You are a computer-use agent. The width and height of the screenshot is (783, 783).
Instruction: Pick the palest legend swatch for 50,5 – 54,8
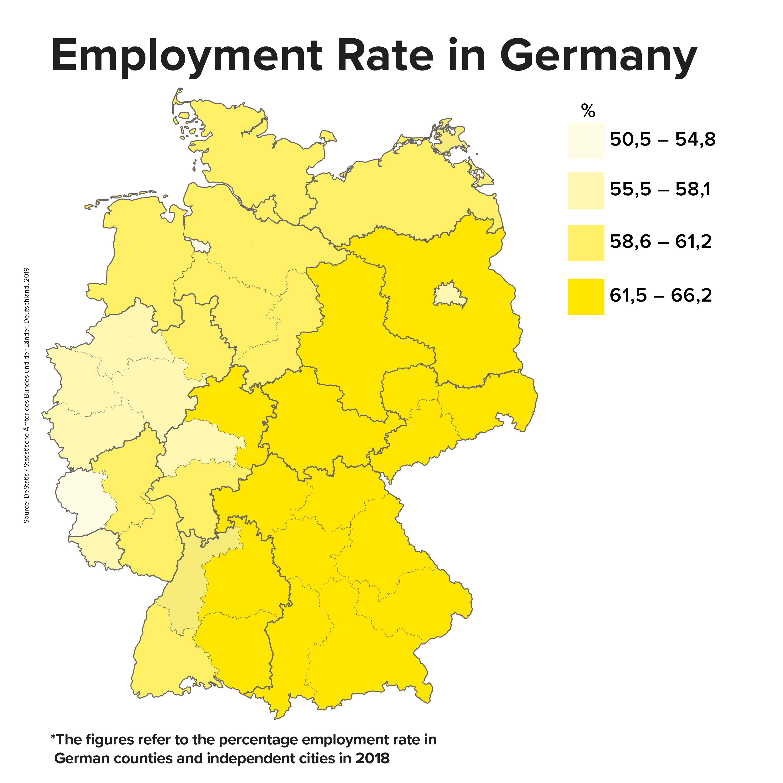[x=586, y=141]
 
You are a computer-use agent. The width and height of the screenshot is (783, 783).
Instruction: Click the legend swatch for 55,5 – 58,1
[x=586, y=191]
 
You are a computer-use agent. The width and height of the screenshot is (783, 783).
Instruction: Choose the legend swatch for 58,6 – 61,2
[x=586, y=243]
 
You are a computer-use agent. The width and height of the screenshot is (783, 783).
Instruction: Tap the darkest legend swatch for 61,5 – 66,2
[x=586, y=297]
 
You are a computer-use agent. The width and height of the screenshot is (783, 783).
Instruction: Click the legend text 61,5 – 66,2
[x=661, y=296]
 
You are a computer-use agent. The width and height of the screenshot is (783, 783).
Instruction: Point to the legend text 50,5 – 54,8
[x=663, y=140]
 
